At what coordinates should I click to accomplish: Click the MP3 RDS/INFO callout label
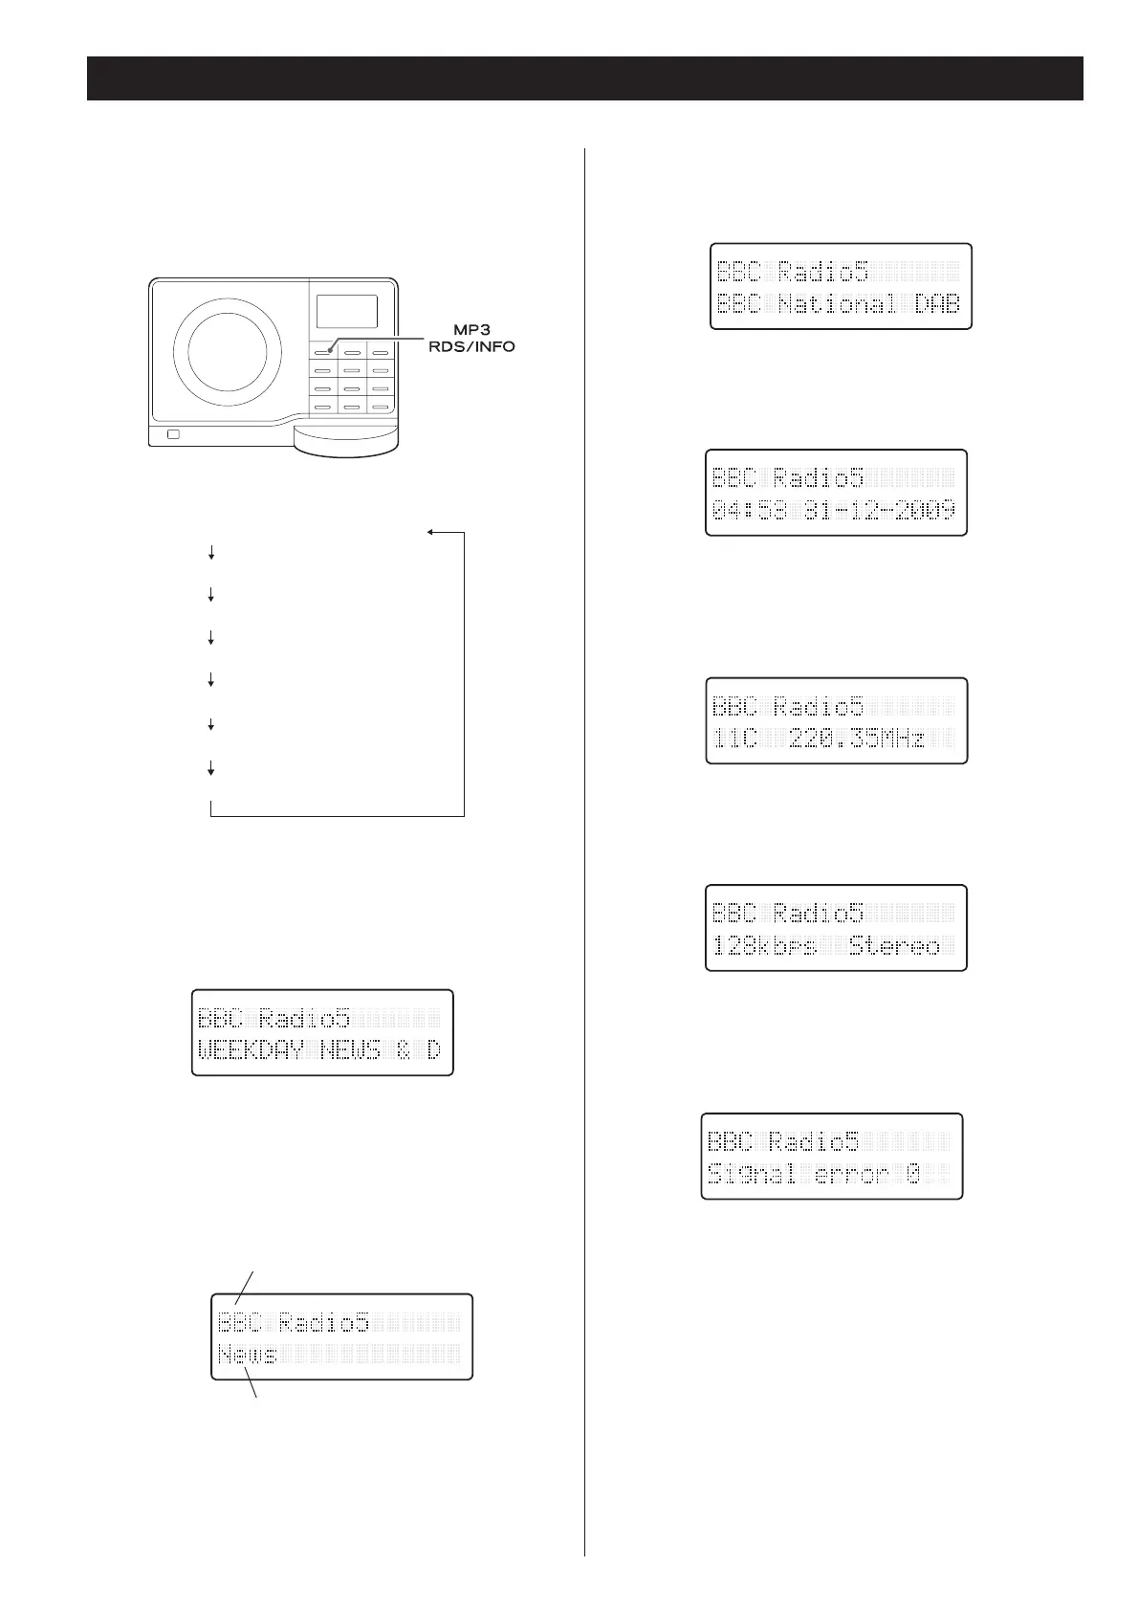click(471, 339)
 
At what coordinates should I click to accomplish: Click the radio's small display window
click(345, 311)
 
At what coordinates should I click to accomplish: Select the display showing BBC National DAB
click(840, 287)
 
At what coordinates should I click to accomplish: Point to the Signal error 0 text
click(813, 1174)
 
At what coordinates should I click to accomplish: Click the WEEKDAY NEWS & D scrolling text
click(319, 1049)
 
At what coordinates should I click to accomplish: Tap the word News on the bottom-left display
click(248, 1354)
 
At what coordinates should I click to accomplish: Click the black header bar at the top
click(584, 78)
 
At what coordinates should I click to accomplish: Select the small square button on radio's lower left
click(173, 435)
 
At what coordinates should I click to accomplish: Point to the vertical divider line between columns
click(584, 861)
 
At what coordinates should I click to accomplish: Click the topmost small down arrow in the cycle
click(210, 553)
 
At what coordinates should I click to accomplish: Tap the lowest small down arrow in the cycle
click(210, 767)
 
